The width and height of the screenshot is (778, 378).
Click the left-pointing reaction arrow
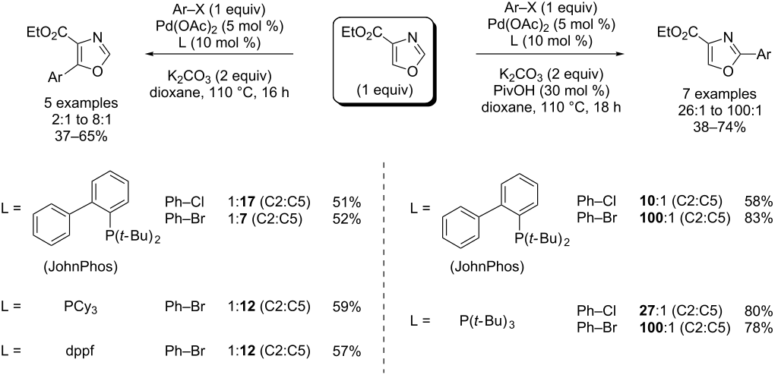pyautogui.click(x=220, y=55)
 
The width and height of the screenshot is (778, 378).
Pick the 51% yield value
pyautogui.click(x=346, y=203)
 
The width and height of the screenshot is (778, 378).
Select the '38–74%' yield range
pyautogui.click(x=697, y=128)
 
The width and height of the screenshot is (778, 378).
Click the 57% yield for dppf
pyautogui.click(x=346, y=350)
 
